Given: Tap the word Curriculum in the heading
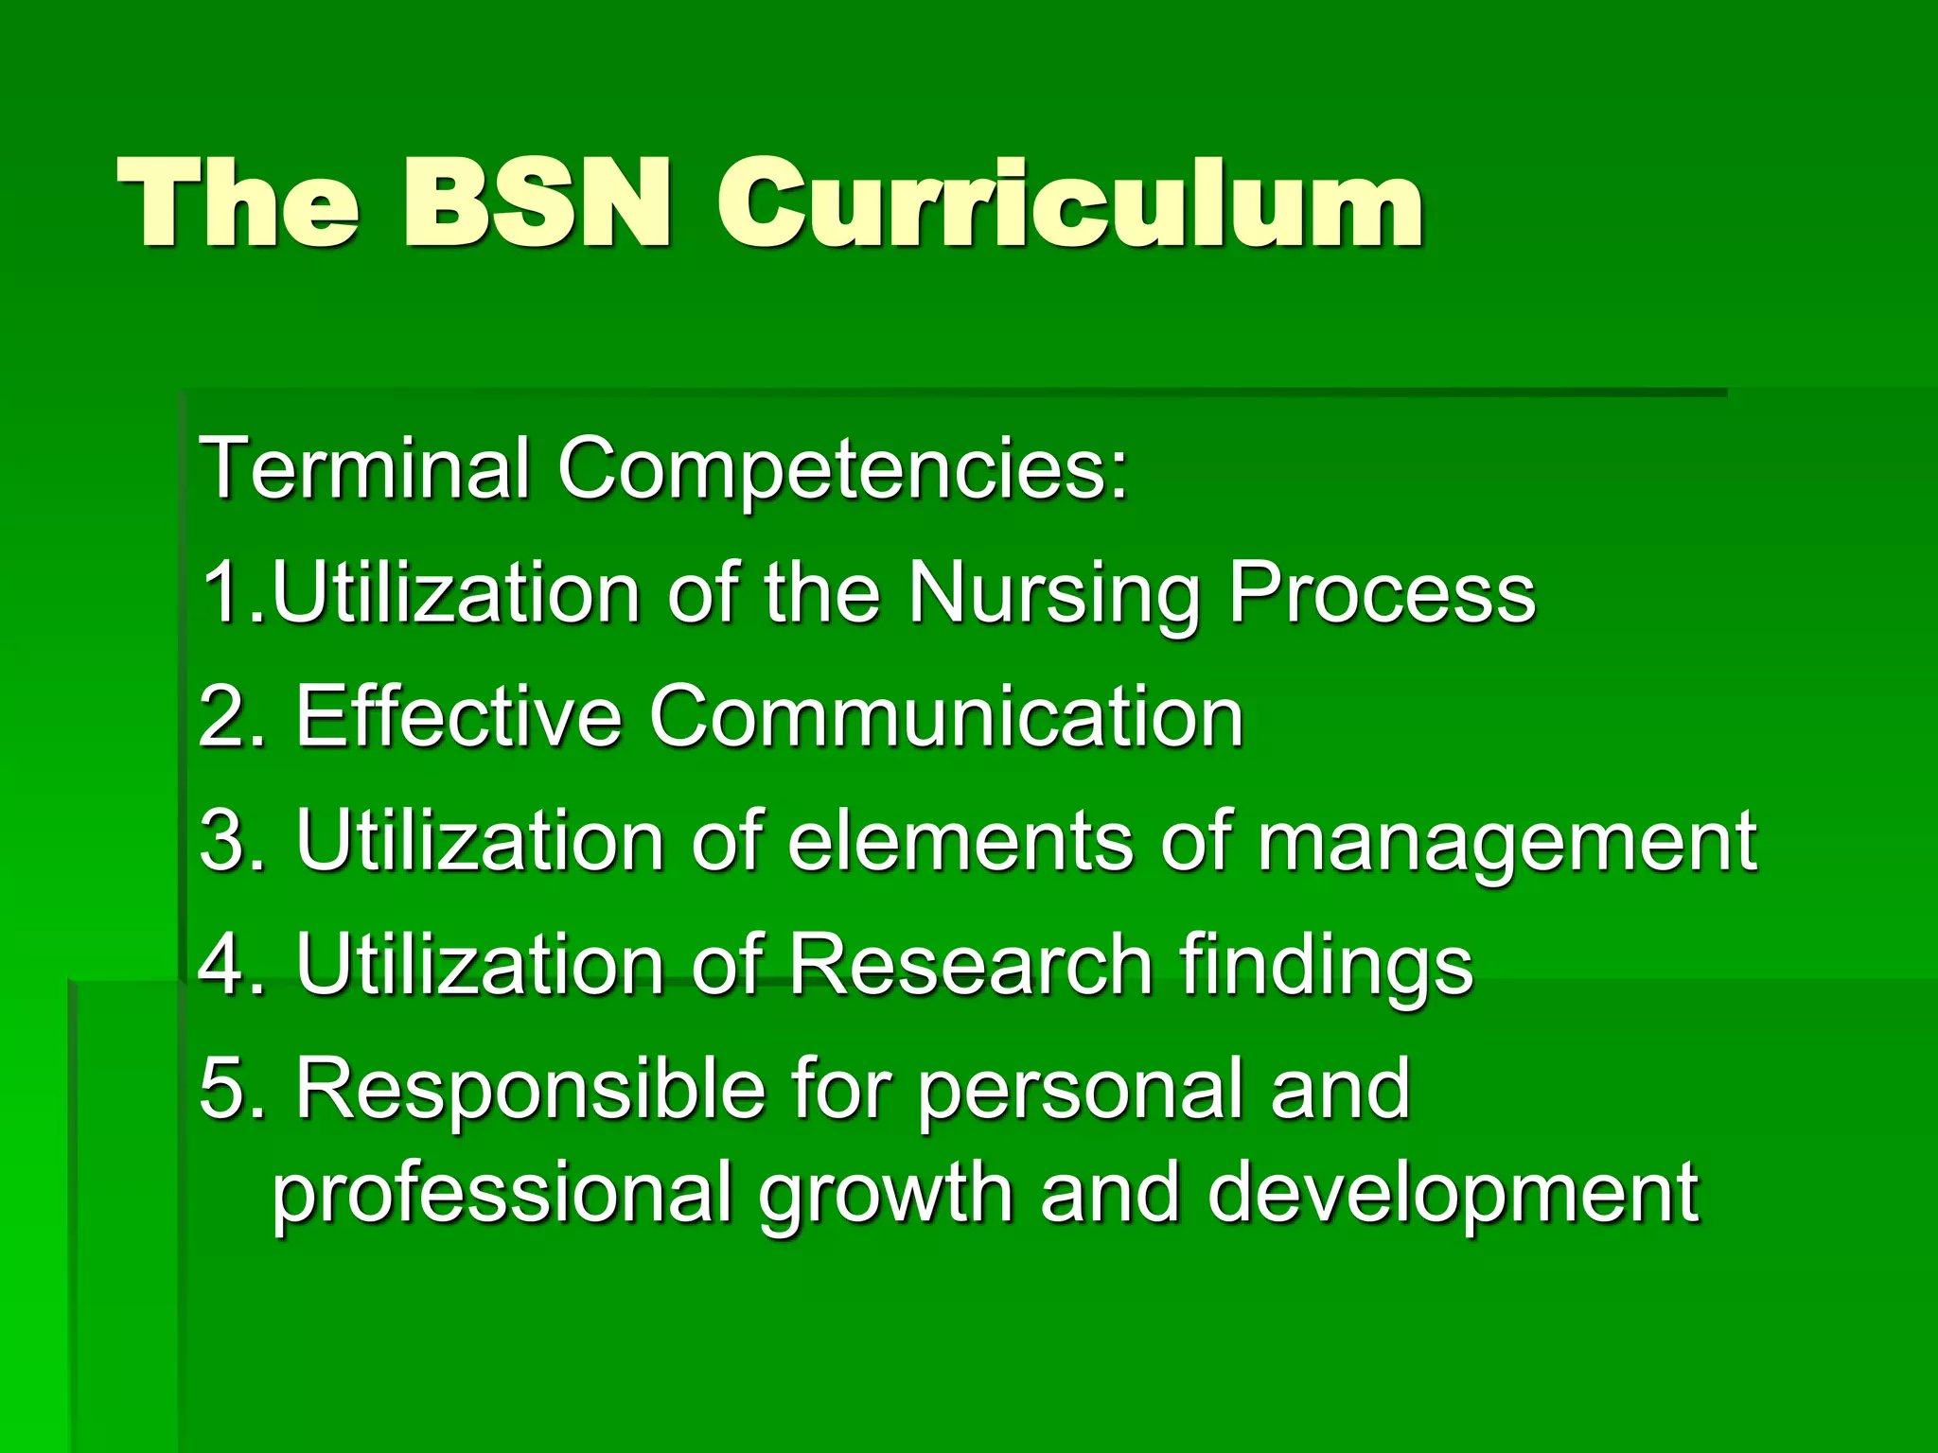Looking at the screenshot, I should pos(1069,203).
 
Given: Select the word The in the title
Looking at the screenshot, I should pos(238,203).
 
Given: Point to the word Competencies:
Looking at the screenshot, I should pos(842,471).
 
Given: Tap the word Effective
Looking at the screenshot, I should pos(458,716).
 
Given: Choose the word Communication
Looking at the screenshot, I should pos(945,716).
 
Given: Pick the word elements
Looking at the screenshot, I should pos(960,841).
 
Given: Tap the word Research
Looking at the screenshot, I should pos(970,965).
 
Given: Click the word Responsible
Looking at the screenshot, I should pos(530,1091).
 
